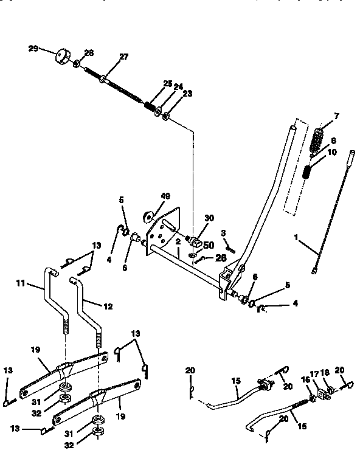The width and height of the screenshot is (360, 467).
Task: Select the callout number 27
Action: click(x=124, y=57)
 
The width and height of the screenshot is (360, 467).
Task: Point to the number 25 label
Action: click(x=168, y=83)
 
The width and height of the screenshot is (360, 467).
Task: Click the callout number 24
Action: click(x=178, y=87)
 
